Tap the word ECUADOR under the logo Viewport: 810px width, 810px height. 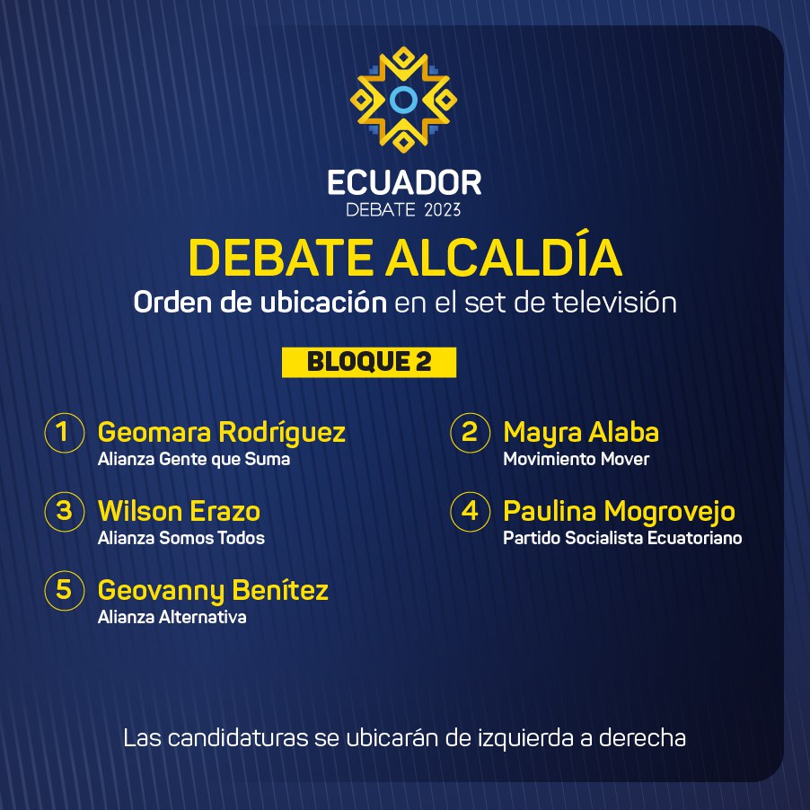pyautogui.click(x=404, y=182)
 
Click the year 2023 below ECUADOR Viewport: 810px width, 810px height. pyautogui.click(x=442, y=210)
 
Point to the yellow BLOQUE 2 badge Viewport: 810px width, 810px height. pyautogui.click(x=369, y=362)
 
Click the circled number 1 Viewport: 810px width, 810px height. pyautogui.click(x=65, y=432)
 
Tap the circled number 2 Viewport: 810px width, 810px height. pyautogui.click(x=470, y=432)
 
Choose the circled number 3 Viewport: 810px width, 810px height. pyautogui.click(x=65, y=512)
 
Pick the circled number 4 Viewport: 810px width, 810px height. pyautogui.click(x=470, y=512)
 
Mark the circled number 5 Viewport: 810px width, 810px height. pyautogui.click(x=65, y=591)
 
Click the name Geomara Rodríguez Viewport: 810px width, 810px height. pyautogui.click(x=222, y=433)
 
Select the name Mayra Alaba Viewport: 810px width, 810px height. pyautogui.click(x=581, y=433)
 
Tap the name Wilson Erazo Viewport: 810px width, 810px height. pyautogui.click(x=179, y=511)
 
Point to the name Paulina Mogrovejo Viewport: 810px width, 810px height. pyautogui.click(x=619, y=512)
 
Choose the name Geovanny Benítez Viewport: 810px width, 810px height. pyautogui.click(x=213, y=591)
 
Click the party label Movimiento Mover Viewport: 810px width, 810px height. pyautogui.click(x=576, y=459)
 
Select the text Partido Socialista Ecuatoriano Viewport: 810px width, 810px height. pyautogui.click(x=622, y=538)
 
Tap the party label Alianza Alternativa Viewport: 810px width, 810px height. pyautogui.click(x=172, y=617)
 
